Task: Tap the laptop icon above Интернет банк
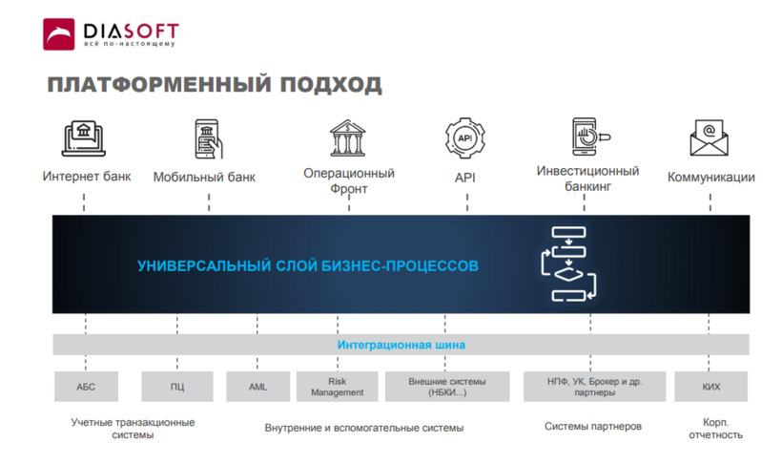tap(86, 139)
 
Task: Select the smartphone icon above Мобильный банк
tap(208, 139)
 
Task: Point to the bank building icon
tap(348, 137)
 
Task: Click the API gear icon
tap(465, 138)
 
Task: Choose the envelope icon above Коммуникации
tap(710, 138)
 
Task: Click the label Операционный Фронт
tap(349, 180)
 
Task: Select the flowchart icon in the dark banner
tap(568, 264)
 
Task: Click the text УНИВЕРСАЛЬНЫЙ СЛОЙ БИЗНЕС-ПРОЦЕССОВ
tap(308, 265)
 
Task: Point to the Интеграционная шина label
tap(401, 345)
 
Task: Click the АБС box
tap(86, 387)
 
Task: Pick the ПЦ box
tap(177, 387)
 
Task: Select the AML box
tap(257, 387)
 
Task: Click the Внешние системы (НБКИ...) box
tap(447, 387)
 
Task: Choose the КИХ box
tap(710, 387)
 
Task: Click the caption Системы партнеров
tap(593, 427)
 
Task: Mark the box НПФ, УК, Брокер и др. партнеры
tap(593, 387)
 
